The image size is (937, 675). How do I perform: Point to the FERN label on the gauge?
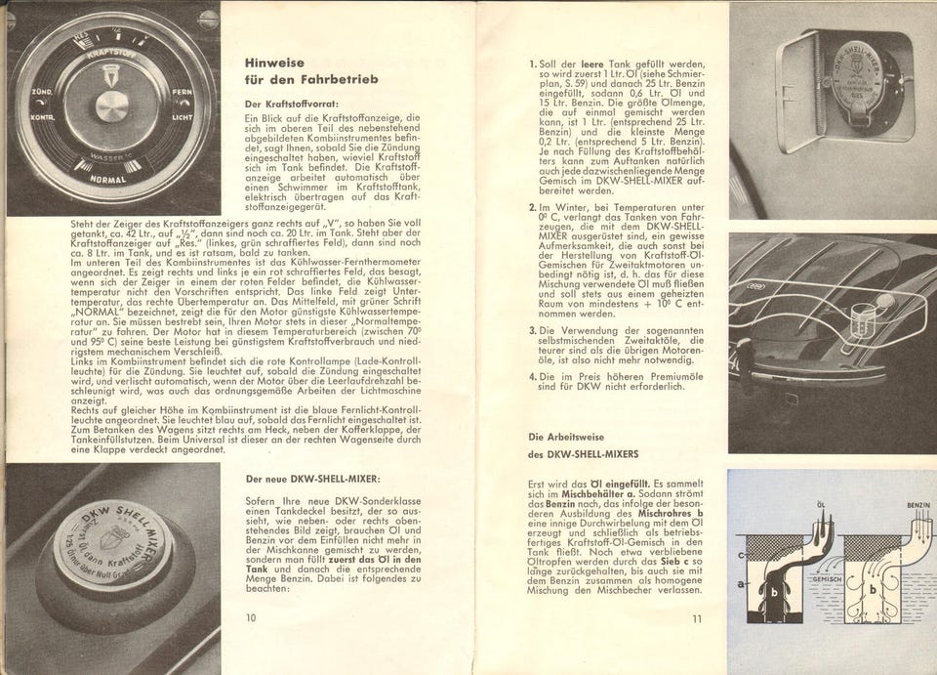click(183, 93)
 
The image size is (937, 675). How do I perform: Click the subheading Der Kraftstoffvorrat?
click(290, 103)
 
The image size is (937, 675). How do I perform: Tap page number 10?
click(251, 617)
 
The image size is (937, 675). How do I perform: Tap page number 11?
click(696, 617)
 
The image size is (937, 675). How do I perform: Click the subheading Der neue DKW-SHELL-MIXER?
click(312, 479)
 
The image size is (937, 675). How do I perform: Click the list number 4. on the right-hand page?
click(533, 376)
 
